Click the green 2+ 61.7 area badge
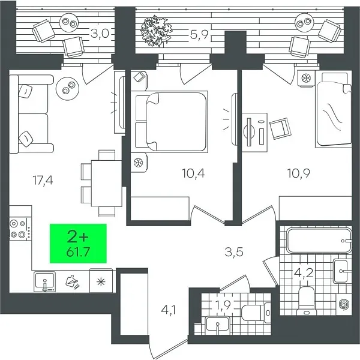click(77, 243)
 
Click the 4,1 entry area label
click(167, 310)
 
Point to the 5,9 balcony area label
click(198, 34)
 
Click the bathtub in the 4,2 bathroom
click(318, 241)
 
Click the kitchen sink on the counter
click(45, 280)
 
